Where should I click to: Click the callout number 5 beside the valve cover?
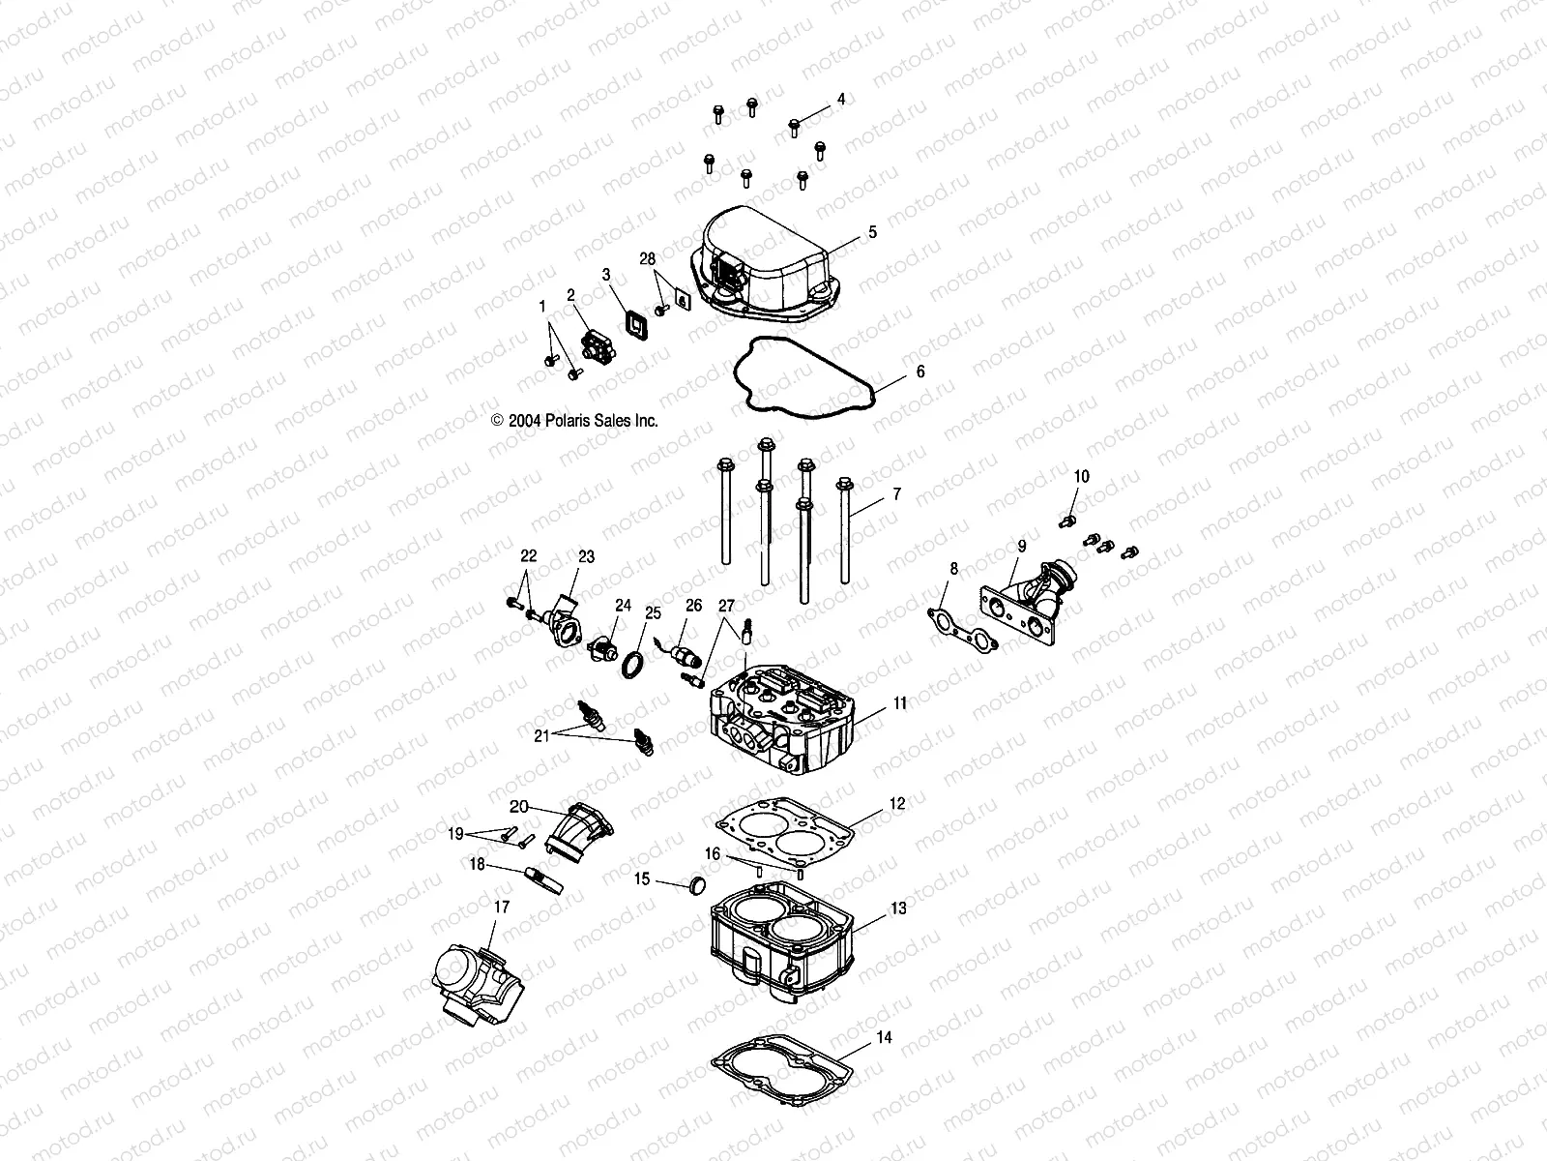coord(872,232)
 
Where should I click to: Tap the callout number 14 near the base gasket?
coord(884,1037)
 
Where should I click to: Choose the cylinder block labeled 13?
coord(783,953)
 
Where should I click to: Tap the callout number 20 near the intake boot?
coord(519,807)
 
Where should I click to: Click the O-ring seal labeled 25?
coord(632,667)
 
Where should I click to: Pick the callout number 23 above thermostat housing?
coord(587,557)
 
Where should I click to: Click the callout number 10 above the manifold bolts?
coord(1082,476)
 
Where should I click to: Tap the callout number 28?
coord(647,259)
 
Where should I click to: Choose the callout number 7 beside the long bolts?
coord(896,494)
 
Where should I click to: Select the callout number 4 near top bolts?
coord(840,99)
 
